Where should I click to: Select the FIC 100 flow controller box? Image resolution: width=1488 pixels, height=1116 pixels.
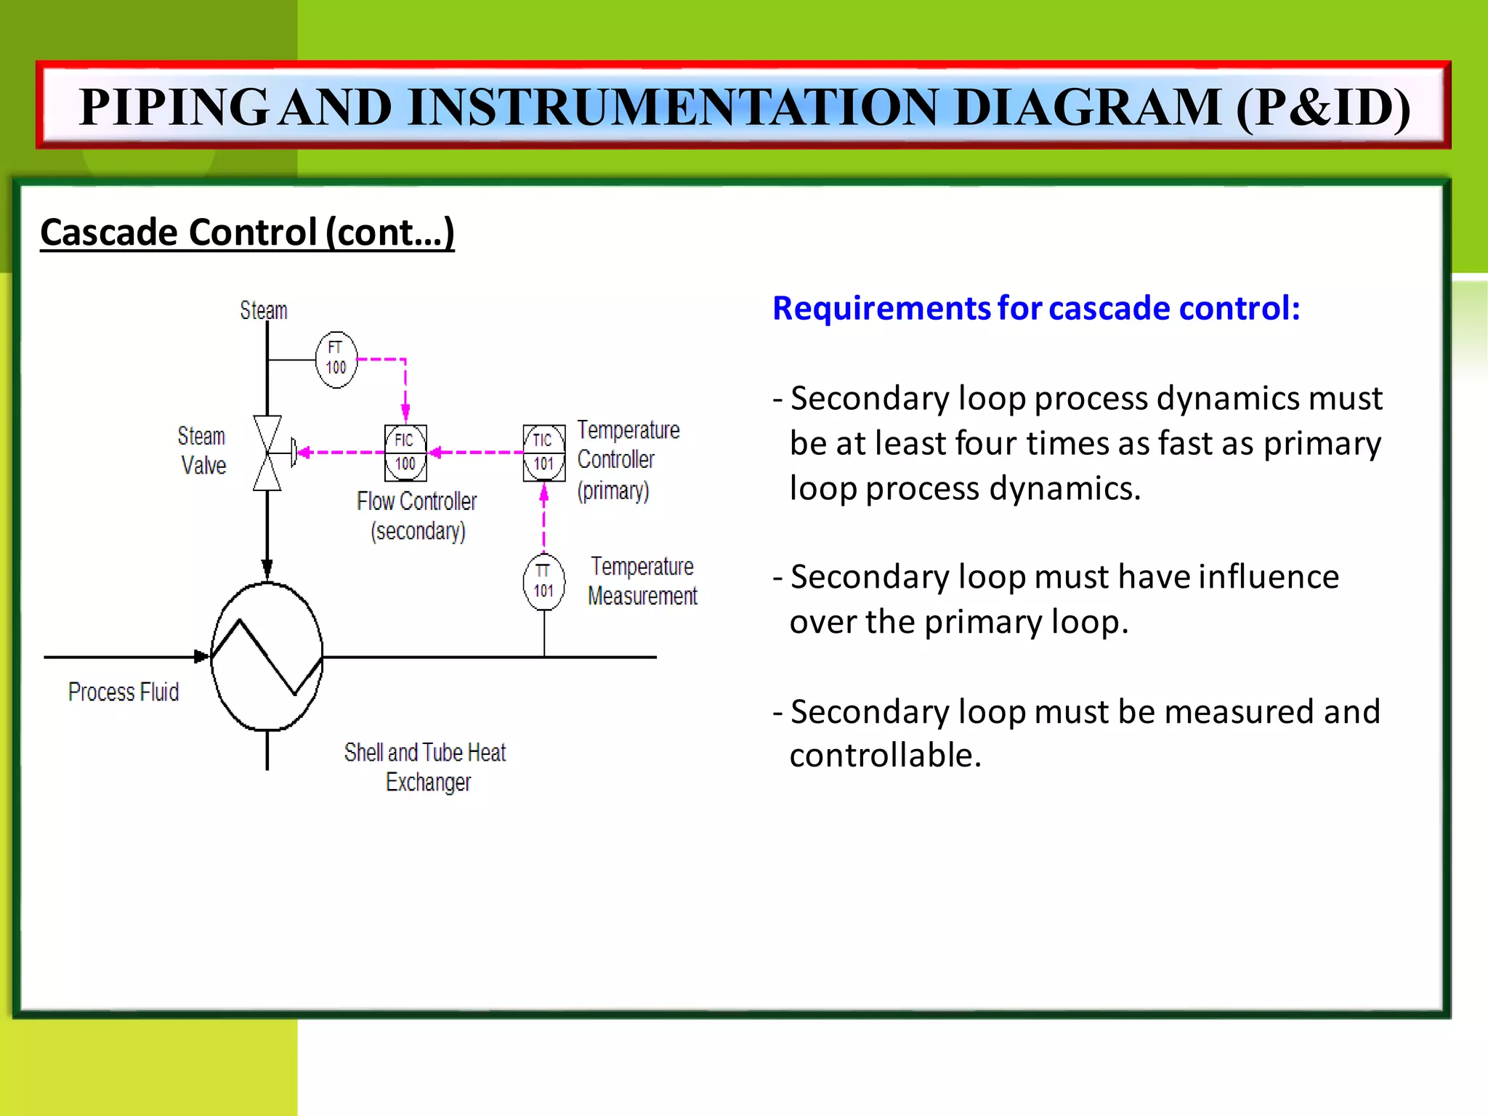[405, 453]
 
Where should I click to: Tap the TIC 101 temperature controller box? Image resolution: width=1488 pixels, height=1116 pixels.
[544, 453]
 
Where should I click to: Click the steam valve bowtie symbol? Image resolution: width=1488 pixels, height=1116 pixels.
[267, 453]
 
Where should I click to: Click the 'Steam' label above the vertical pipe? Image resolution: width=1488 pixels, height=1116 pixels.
[264, 311]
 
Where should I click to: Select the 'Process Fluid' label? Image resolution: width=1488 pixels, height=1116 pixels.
[124, 692]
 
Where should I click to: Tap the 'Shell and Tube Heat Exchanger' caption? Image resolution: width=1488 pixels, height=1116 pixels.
[426, 767]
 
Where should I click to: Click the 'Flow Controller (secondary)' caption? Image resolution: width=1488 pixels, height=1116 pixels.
[417, 516]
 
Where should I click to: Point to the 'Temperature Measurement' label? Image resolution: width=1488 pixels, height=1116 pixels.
[643, 581]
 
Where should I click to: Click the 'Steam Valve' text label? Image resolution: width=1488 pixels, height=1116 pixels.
[203, 450]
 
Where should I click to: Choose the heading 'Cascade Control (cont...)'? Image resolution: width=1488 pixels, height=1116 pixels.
[247, 232]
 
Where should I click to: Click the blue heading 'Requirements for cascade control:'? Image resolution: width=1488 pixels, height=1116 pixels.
[1036, 308]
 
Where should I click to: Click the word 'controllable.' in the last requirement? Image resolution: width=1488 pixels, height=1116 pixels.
[886, 756]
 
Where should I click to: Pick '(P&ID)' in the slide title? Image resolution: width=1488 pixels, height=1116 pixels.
[1323, 108]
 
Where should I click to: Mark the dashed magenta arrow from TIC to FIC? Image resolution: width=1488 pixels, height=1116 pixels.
[476, 453]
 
